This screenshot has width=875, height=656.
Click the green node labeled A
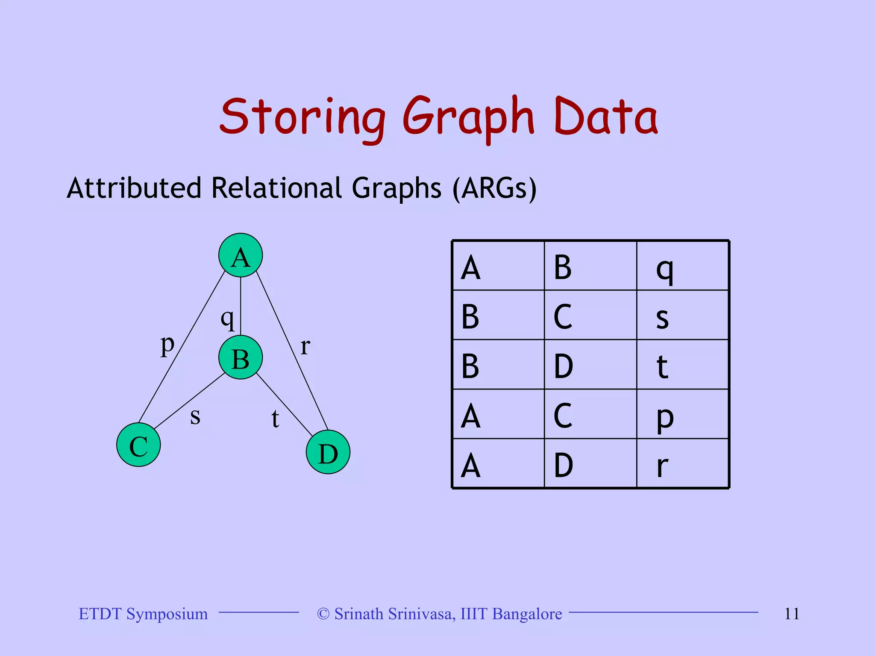[241, 255]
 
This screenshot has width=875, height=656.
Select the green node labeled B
[241, 357]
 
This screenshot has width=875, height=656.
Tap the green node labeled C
[138, 445]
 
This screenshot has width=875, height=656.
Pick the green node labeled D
[328, 452]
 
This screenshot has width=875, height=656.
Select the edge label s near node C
[195, 416]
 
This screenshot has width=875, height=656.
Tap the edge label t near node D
[275, 419]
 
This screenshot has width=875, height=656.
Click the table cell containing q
[682, 266]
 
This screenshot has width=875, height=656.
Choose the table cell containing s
[682, 315]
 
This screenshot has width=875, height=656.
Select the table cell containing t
[682, 365]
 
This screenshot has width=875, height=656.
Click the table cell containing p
[682, 414]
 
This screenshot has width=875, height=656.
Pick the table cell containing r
[682, 464]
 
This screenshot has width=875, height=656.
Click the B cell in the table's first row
[590, 266]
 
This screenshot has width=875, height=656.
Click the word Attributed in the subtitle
[134, 188]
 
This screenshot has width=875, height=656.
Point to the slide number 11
[792, 614]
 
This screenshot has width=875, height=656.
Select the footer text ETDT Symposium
[143, 614]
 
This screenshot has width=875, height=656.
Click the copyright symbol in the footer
[323, 614]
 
